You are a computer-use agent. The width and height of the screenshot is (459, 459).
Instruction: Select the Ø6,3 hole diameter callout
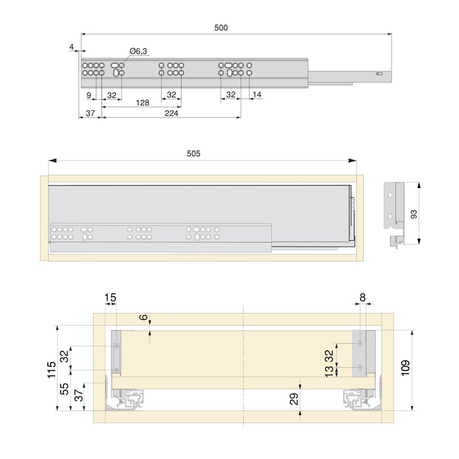point(138,51)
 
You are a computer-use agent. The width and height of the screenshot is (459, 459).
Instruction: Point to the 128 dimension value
point(142,102)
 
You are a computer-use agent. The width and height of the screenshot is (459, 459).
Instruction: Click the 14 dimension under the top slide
point(256,95)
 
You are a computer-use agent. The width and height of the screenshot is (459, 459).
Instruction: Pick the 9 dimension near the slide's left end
point(89,95)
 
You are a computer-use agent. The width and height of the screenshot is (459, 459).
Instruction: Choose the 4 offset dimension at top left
point(70,46)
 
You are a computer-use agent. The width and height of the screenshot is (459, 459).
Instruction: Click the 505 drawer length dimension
point(193,153)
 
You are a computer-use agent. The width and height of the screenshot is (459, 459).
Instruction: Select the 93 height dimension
point(430,214)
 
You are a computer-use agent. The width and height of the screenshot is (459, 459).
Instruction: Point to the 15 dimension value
point(110,298)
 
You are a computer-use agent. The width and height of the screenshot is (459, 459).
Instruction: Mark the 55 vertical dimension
point(64,389)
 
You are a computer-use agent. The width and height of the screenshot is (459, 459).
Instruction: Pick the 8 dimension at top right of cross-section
point(363,298)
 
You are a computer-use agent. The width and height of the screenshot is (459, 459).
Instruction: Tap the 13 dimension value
point(328,372)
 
